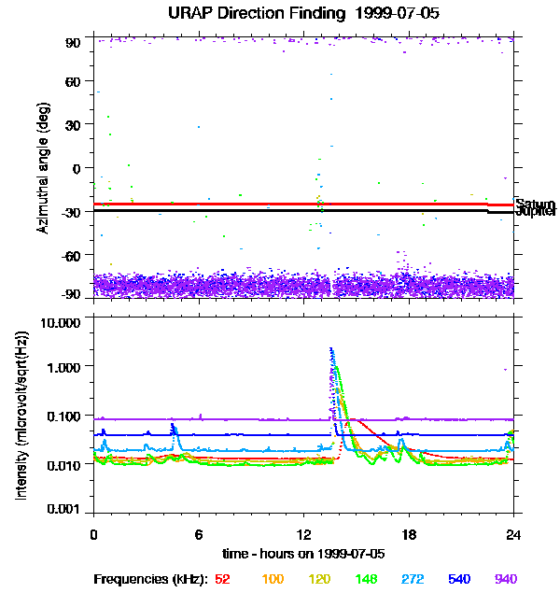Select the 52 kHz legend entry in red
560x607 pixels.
coord(222,580)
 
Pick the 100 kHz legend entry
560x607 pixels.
coord(272,580)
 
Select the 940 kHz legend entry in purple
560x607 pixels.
coord(505,580)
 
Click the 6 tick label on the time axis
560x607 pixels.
coord(199,535)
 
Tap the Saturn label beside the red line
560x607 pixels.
coord(535,205)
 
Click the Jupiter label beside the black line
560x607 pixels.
coord(536,213)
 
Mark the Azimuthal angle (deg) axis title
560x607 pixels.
coord(43,168)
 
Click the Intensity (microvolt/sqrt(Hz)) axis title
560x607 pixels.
coord(21,415)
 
